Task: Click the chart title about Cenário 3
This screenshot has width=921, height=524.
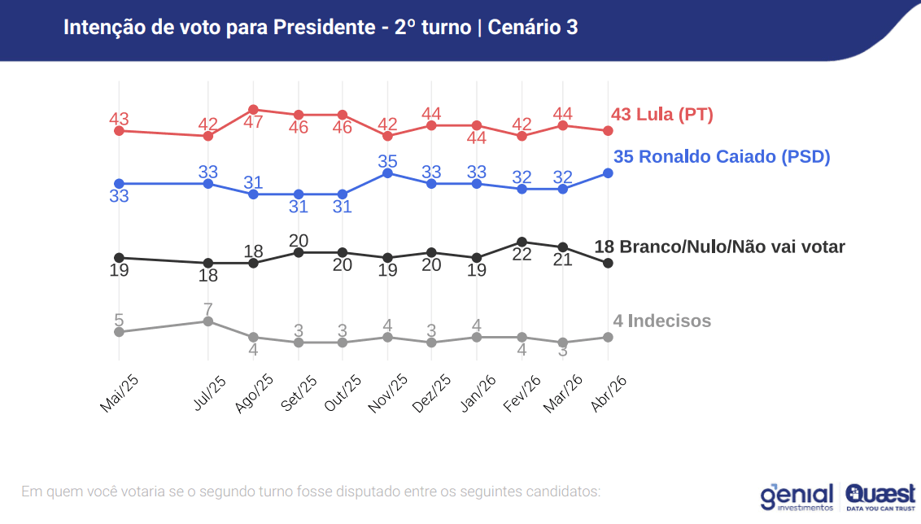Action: coord(321,27)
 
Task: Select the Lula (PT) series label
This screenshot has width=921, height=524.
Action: coord(661,115)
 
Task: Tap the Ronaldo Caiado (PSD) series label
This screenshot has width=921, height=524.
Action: coord(721,157)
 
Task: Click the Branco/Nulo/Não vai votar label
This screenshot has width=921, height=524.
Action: coord(719,247)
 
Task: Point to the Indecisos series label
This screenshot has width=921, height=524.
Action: coord(661,321)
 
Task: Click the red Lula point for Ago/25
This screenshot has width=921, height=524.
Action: coord(253,110)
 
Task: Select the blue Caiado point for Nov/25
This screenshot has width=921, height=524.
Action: coord(387,173)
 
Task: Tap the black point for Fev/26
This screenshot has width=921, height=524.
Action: coord(522,242)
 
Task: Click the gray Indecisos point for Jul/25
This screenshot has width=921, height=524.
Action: coord(208,321)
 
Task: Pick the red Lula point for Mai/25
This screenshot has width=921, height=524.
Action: coord(119,130)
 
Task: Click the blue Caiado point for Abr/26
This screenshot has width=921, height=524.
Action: coord(608,173)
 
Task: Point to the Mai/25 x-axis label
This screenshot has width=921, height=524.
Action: coord(119,394)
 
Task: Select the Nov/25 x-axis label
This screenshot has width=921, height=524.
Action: coord(387,394)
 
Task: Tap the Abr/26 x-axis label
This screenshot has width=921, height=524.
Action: coord(608,394)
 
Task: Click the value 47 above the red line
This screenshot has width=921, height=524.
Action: coord(253,123)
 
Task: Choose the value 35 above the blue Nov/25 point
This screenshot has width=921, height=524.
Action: coord(387,161)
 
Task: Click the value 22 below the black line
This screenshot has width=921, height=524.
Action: coord(522,255)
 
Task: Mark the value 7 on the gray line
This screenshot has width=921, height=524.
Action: coord(208,309)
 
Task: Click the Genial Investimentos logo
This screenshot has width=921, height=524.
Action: coord(797,496)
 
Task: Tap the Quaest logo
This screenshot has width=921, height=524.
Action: coord(881,496)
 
